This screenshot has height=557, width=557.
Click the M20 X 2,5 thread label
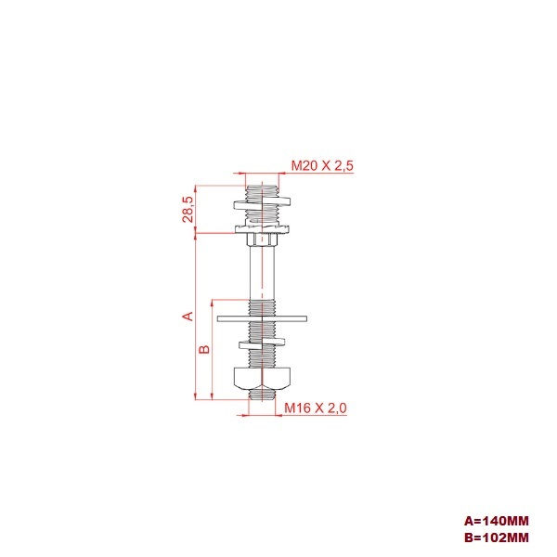tap(322, 165)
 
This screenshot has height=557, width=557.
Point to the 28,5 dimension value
tap(188, 209)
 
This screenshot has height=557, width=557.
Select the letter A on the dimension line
tap(188, 316)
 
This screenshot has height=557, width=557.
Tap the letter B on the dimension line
tap(205, 349)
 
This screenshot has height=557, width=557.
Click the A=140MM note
tap(497, 521)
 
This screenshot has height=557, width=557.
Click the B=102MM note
tap(497, 537)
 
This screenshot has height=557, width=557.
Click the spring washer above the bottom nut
tap(263, 344)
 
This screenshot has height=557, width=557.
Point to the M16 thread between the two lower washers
tap(263, 331)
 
